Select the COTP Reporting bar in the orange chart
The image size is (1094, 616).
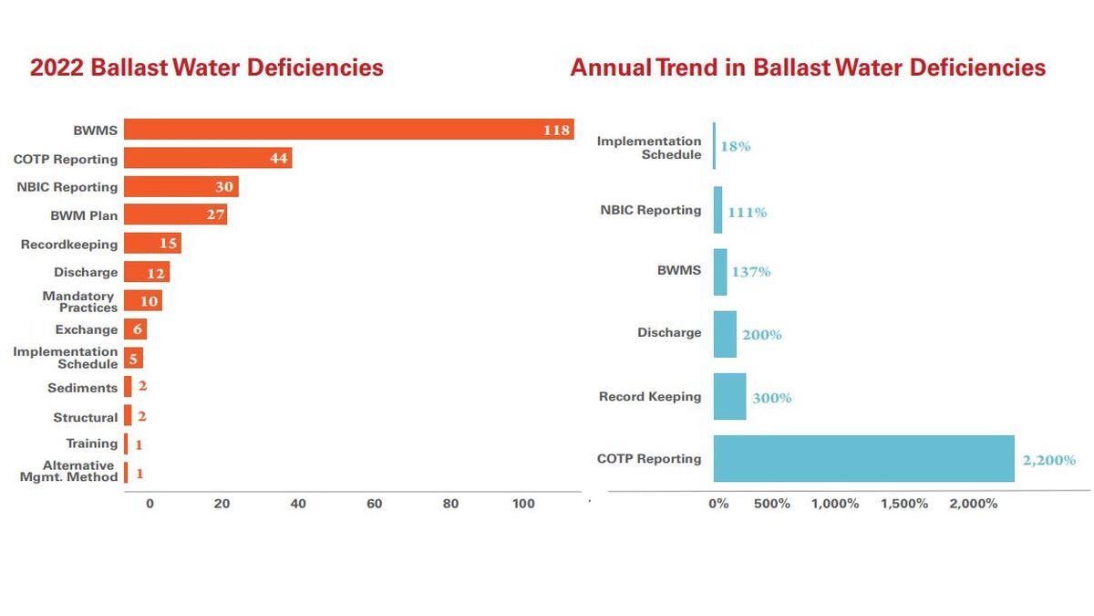point(208,158)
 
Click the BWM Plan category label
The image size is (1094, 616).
point(84,216)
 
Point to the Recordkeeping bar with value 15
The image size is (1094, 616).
point(152,244)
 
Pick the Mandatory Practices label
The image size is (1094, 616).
point(79,301)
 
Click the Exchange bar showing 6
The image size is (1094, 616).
point(135,329)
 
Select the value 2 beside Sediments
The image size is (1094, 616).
point(142,387)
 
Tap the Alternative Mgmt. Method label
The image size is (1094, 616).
point(69,471)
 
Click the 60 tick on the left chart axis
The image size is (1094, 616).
point(374,504)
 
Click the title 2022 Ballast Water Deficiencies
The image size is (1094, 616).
point(207,68)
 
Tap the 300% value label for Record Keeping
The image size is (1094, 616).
point(771,398)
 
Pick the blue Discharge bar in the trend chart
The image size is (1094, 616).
point(725,334)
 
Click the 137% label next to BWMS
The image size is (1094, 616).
point(750,272)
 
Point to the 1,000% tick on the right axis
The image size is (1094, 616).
point(835,504)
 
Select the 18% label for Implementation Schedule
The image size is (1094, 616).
point(735,146)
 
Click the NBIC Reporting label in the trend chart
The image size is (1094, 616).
point(650,210)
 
